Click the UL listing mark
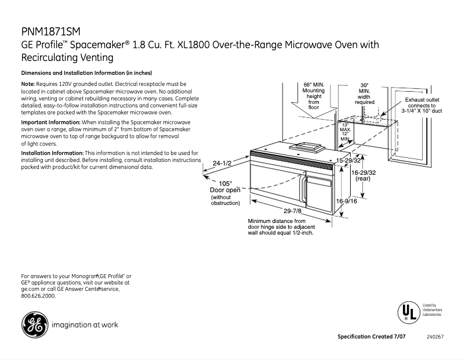point(407,313)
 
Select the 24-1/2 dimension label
point(222,163)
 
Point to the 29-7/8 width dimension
point(292,211)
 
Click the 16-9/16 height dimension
point(347,201)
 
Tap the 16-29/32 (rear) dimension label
point(363,175)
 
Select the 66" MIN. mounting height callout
point(314,96)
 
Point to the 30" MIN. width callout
point(364,93)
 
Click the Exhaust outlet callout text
point(422,105)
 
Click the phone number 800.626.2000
point(38,296)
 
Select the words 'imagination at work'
point(85,325)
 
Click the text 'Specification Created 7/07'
point(375,337)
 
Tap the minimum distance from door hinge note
point(281,227)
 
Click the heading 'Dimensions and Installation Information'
point(86,73)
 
